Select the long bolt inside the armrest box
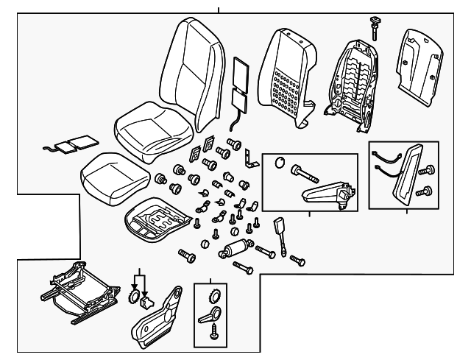305,174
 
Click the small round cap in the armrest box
280,164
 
